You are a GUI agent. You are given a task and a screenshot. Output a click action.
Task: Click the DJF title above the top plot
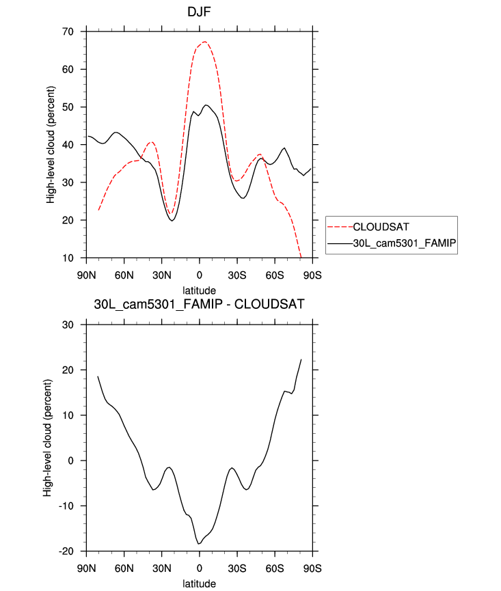[x=199, y=12]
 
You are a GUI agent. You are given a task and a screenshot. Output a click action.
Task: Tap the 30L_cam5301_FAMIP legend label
[x=403, y=243]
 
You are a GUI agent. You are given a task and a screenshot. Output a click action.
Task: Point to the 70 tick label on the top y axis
[x=67, y=31]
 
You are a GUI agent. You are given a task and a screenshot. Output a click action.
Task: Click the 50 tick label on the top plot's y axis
[x=67, y=107]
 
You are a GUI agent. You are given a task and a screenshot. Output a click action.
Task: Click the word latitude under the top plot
[x=199, y=290]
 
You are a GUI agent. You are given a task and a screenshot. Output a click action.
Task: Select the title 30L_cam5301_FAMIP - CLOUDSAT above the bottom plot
[x=199, y=304]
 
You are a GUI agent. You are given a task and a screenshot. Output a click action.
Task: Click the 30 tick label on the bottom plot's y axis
[x=67, y=325]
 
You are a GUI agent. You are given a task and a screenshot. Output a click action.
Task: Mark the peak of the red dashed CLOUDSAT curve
[x=204, y=42]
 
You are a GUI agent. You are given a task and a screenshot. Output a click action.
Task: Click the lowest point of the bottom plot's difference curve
[x=199, y=544]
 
